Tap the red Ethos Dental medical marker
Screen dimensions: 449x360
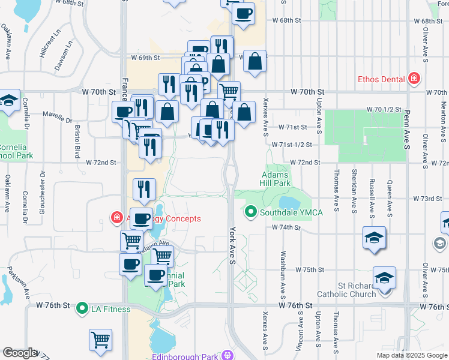click(x=413, y=79)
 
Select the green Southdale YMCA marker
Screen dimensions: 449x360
click(x=250, y=212)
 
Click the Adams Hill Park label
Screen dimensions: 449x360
click(x=276, y=179)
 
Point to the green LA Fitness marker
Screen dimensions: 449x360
click(x=82, y=309)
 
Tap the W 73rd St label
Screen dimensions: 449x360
click(x=430, y=199)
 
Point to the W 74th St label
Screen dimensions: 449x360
click(x=285, y=228)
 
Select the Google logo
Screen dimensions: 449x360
click(x=19, y=353)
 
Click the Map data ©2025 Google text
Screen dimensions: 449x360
click(x=411, y=355)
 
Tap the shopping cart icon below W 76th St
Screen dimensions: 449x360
click(x=100, y=340)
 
